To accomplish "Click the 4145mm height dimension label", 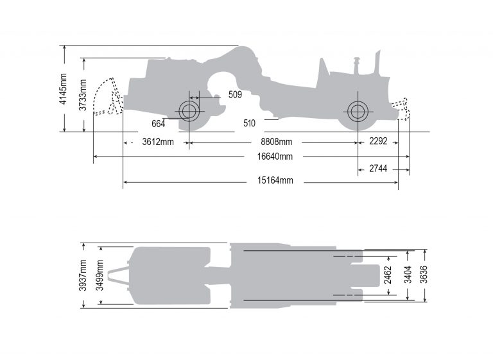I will click(63, 89).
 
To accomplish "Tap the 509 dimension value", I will click(235, 96).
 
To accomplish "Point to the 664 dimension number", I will click(159, 123).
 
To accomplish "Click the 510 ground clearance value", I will click(250, 123).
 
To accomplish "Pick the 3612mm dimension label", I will click(158, 142).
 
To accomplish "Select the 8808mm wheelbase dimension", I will click(276, 142).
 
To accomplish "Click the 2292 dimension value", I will click(378, 142).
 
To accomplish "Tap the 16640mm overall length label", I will click(275, 157).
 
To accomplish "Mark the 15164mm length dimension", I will click(275, 181).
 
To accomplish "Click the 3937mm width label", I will click(83, 275).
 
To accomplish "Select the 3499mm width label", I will click(100, 275).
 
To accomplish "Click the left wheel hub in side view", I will click(189, 111).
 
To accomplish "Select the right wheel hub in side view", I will click(356, 111).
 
